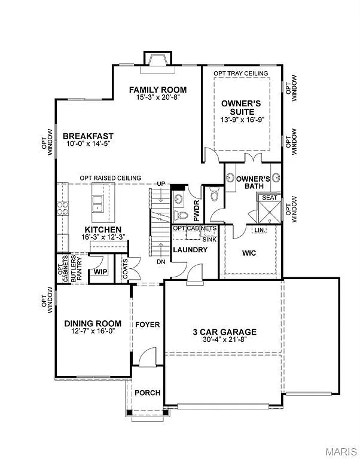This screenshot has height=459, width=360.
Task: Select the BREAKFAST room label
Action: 88,136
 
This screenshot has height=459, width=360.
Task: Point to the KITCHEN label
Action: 103,229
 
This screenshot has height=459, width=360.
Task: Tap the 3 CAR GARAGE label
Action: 224,332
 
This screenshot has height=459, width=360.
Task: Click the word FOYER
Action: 147,325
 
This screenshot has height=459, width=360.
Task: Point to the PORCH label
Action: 148,393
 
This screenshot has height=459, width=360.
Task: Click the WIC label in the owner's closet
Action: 249,253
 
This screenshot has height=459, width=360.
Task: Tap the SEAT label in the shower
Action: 269,197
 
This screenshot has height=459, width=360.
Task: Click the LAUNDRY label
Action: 190,249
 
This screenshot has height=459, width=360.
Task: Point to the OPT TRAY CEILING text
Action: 241,74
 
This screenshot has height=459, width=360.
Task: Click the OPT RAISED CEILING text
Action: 111,178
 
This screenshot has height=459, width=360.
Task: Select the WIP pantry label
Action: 100,272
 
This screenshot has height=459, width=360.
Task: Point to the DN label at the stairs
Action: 161,261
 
